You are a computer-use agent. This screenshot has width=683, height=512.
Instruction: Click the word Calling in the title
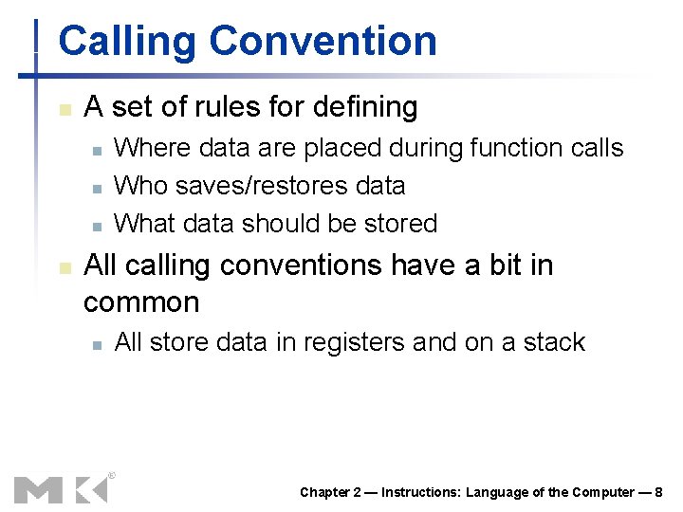pyautogui.click(x=128, y=42)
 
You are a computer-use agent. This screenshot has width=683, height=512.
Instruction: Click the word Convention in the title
pyautogui.click(x=323, y=42)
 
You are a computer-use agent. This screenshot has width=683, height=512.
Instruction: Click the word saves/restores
pyautogui.click(x=246, y=186)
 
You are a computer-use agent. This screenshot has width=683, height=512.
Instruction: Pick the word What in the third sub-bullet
pyautogui.click(x=144, y=224)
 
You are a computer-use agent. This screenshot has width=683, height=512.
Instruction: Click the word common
pyautogui.click(x=142, y=303)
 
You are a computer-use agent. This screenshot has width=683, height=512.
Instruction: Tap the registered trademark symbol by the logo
pyautogui.click(x=111, y=474)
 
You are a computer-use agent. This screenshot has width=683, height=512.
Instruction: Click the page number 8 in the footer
pyautogui.click(x=658, y=492)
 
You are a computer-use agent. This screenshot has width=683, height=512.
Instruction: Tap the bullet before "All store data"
pyautogui.click(x=96, y=344)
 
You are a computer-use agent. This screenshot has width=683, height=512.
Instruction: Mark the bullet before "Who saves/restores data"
pyautogui.click(x=96, y=188)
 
